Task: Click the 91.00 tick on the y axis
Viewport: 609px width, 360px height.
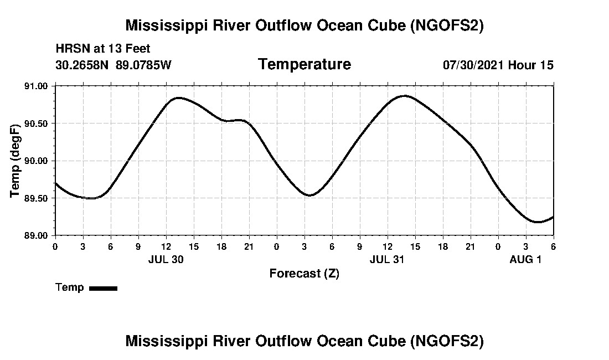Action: click(x=37, y=86)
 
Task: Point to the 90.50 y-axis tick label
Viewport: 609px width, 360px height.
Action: click(x=37, y=124)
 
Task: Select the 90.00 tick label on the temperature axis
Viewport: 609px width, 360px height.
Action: click(x=37, y=161)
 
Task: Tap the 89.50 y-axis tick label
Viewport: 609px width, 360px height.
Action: click(x=37, y=198)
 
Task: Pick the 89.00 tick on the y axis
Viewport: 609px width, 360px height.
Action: click(x=37, y=235)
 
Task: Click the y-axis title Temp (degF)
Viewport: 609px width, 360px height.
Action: click(x=15, y=161)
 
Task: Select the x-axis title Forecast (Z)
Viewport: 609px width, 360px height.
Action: click(x=304, y=274)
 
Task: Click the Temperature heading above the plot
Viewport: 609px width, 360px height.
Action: click(x=304, y=64)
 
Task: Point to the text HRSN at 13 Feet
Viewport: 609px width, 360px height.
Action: click(x=103, y=49)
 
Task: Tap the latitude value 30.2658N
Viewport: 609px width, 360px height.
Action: click(x=83, y=65)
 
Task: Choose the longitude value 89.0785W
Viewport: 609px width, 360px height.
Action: click(x=144, y=65)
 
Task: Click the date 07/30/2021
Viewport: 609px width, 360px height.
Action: click(x=473, y=65)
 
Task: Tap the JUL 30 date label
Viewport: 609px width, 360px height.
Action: click(x=166, y=259)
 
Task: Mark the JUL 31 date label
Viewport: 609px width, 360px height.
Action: click(x=387, y=259)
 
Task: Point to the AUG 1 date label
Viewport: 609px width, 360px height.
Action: click(x=525, y=259)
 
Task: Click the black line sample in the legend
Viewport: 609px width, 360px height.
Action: click(x=103, y=288)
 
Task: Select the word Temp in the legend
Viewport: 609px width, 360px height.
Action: click(x=70, y=287)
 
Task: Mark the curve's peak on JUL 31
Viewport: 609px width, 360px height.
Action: click(x=405, y=96)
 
